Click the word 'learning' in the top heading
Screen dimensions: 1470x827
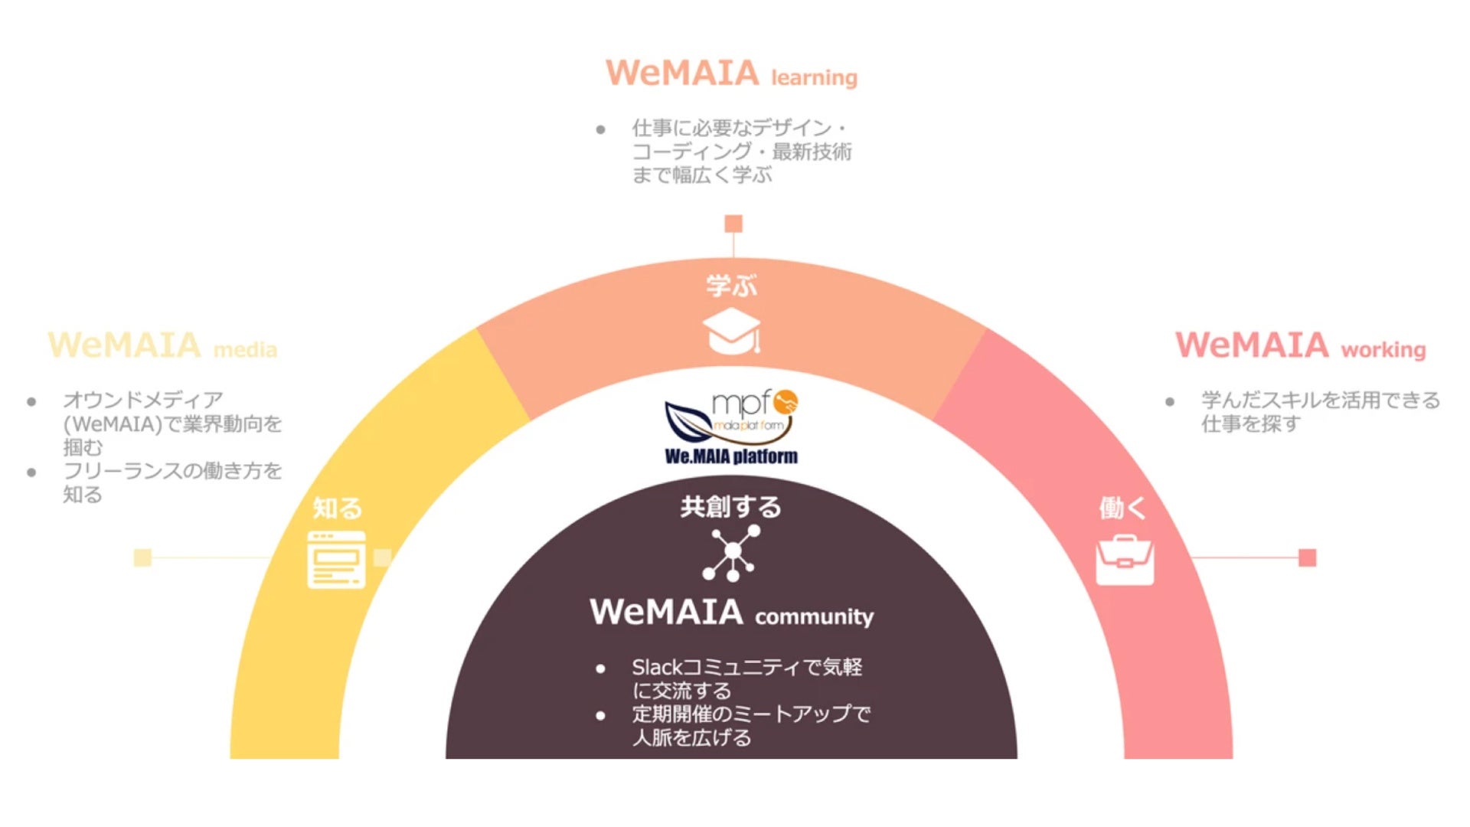coord(814,78)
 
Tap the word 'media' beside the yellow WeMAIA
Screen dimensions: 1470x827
coord(245,350)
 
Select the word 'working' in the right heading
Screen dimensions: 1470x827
coord(1383,350)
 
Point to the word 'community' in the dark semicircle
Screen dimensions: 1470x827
coord(814,616)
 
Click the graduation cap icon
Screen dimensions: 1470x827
coord(732,331)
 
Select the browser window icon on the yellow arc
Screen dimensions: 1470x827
coord(336,560)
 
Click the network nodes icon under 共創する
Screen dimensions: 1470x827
coord(731,552)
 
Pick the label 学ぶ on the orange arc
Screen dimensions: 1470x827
coord(731,286)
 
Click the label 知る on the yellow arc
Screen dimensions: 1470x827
coord(337,508)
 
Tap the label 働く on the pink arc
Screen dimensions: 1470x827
coord(1122,507)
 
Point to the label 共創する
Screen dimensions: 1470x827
coord(730,506)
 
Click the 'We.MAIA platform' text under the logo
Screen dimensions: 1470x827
coord(731,456)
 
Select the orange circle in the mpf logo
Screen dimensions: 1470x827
coord(786,401)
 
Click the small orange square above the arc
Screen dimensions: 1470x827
coord(733,224)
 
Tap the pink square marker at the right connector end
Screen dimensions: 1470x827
coord(1308,557)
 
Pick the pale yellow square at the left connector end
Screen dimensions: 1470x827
coord(142,557)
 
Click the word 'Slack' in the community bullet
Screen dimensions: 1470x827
coord(656,667)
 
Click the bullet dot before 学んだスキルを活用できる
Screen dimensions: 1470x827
coord(1170,401)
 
